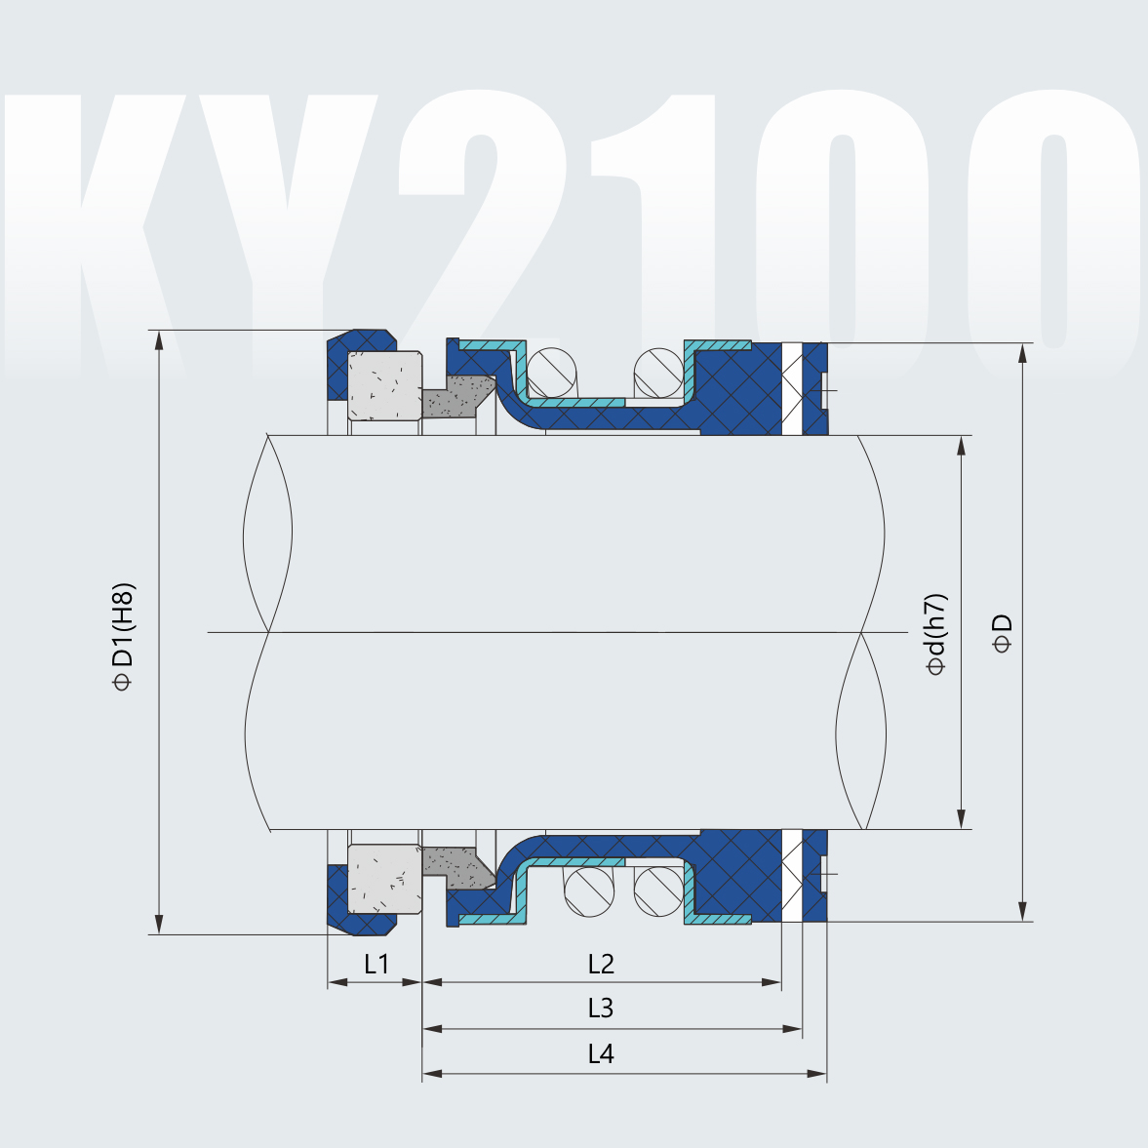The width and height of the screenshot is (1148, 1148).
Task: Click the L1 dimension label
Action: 376,965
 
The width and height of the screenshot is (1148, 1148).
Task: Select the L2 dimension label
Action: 601,965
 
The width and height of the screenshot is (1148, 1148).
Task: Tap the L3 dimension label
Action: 601,1009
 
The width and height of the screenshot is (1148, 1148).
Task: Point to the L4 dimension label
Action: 601,1054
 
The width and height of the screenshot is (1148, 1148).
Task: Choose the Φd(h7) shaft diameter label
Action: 936,634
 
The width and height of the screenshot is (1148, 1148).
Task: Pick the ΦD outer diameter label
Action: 1002,634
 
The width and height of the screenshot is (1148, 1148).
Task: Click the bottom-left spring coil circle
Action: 589,891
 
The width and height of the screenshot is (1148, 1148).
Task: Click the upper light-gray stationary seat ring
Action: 384,386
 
